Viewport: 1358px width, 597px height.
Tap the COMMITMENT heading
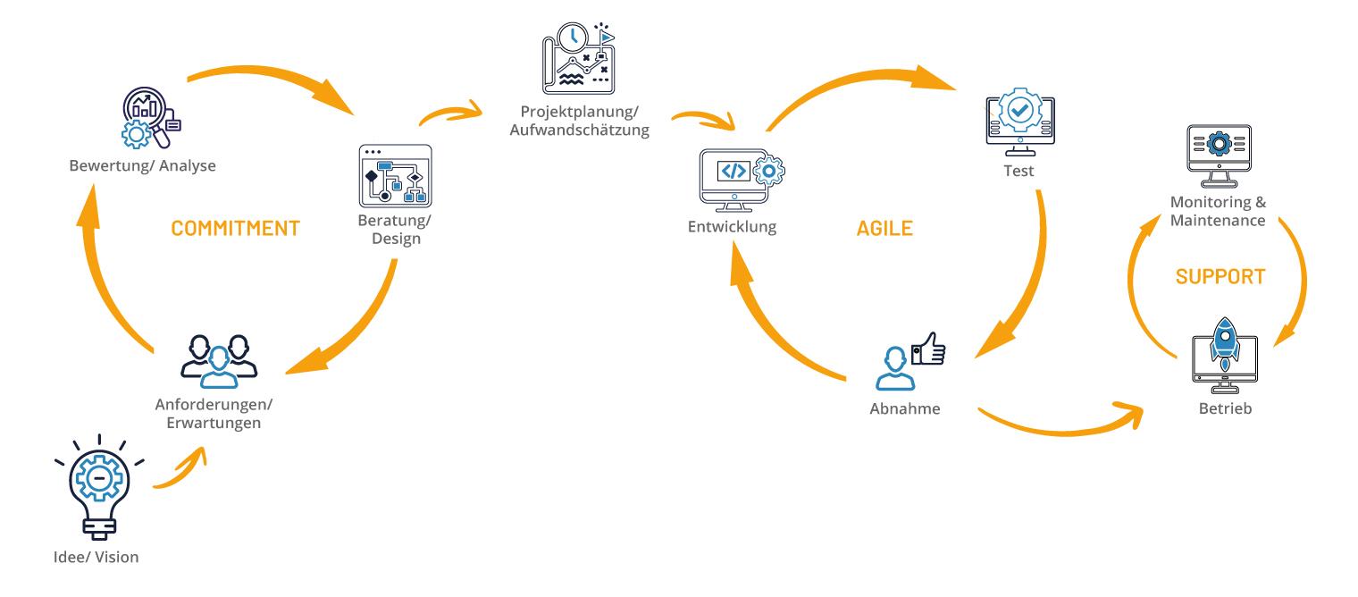pyautogui.click(x=235, y=227)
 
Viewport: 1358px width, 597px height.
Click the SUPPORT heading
pyautogui.click(x=1220, y=276)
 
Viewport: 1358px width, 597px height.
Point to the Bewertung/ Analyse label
pyautogui.click(x=142, y=166)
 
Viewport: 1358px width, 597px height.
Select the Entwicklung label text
pyautogui.click(x=732, y=226)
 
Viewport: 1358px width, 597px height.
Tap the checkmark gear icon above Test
pyautogui.click(x=1018, y=114)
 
